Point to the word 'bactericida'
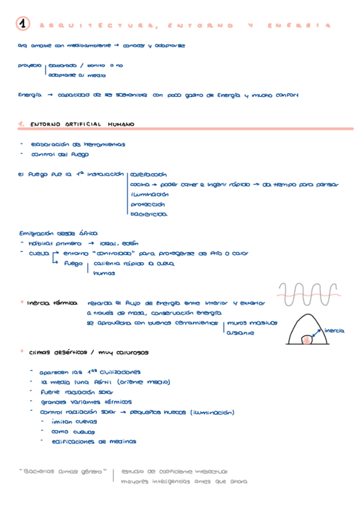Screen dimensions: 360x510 click(x=148, y=214)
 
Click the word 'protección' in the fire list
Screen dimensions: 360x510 click(x=147, y=204)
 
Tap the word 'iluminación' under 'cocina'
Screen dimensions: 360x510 click(x=149, y=194)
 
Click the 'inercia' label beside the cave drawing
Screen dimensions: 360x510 click(x=334, y=330)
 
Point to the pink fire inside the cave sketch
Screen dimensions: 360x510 click(x=308, y=340)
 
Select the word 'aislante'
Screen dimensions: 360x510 click(x=240, y=333)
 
